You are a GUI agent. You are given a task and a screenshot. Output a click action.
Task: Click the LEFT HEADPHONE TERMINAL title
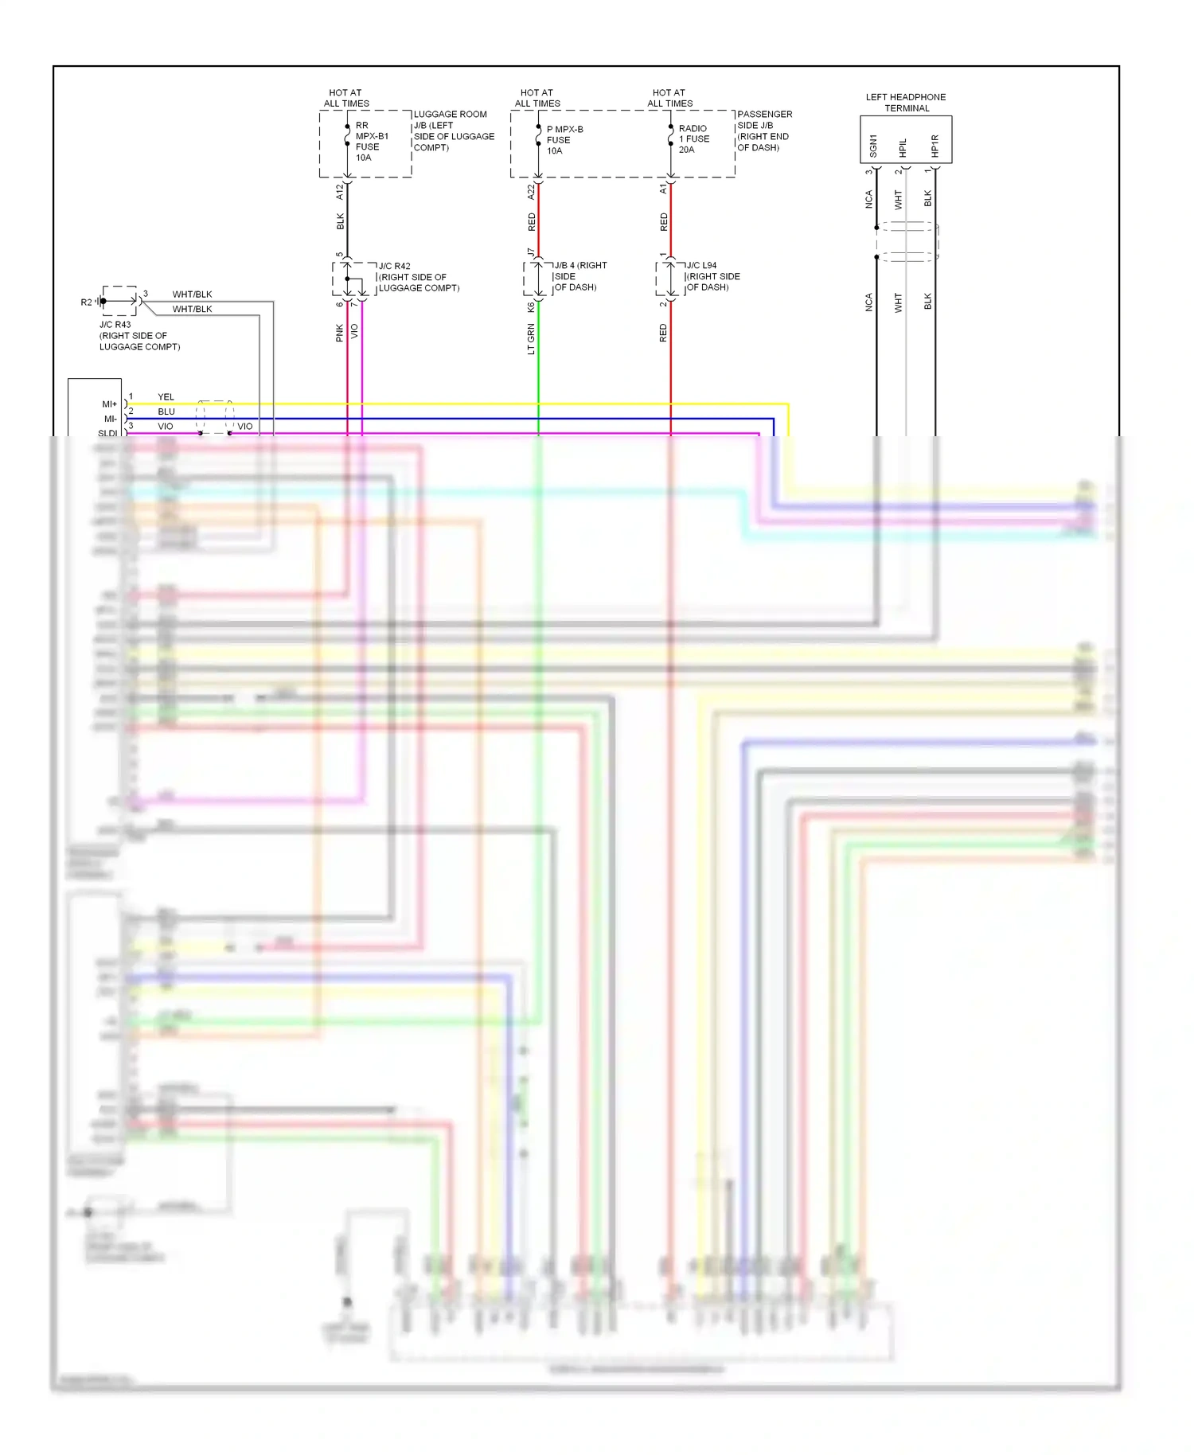906,103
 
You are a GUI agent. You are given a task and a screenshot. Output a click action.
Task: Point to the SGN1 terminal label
873,146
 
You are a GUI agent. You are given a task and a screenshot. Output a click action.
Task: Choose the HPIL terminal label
903,147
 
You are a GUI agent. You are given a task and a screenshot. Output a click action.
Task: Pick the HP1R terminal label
935,146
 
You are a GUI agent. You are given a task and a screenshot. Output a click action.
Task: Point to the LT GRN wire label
531,338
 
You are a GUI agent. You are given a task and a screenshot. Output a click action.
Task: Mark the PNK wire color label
340,333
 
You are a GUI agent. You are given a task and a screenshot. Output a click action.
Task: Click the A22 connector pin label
531,192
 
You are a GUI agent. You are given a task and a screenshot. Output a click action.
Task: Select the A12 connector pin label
340,191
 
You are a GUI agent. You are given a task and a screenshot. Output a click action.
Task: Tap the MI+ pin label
109,404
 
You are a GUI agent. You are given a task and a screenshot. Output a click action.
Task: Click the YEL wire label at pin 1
166,396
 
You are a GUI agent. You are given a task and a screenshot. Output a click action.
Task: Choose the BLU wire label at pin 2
166,412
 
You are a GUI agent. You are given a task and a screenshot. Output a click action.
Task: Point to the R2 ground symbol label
86,302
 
